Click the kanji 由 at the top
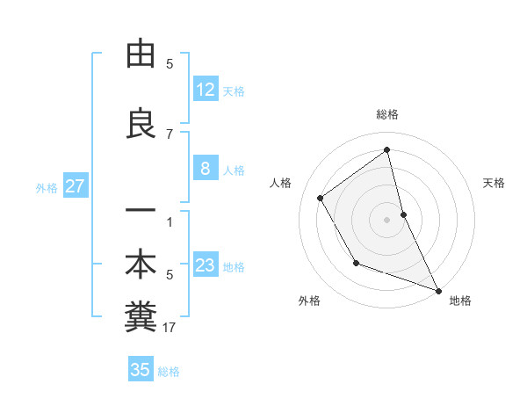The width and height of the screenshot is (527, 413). pos(141,54)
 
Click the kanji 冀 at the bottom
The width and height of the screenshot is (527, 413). pos(141,318)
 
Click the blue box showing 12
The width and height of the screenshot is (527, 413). pos(206,90)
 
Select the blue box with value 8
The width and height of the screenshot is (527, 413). pos(206,170)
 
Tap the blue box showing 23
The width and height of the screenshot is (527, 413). pos(206,266)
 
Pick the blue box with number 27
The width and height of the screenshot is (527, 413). pos(75,186)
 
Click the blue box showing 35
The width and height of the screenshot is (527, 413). pos(141,370)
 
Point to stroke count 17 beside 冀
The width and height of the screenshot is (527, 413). pos(170,328)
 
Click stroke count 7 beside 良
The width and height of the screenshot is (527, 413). pos(170,134)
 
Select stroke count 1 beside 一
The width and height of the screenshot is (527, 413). pos(170,221)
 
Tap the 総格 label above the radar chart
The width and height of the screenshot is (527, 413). pos(387,114)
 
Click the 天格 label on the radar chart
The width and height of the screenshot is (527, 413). pos(494,183)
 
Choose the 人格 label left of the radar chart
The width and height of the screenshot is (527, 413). pos(281,183)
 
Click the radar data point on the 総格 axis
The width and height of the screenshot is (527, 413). pos(387,150)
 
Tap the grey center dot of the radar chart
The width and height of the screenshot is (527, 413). pos(387,219)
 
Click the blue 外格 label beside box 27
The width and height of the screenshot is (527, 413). pos(47,187)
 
